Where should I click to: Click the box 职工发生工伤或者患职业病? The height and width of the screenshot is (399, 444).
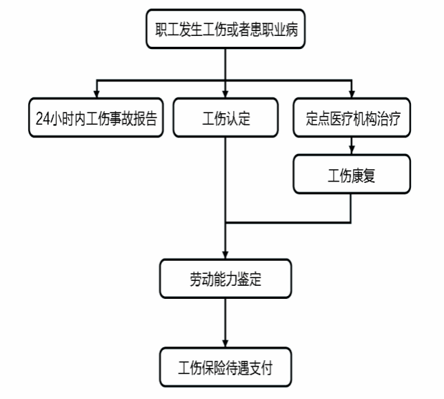point(225,29)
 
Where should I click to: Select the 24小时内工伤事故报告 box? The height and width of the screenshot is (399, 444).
point(96,117)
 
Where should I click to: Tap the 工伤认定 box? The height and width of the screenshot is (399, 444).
point(225,117)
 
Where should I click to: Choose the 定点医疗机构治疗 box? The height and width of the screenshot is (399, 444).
point(352,117)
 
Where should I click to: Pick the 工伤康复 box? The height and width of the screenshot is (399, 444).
point(352,174)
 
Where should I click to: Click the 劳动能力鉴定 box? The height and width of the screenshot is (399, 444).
point(225,279)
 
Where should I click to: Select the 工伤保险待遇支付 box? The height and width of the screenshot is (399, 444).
point(225,367)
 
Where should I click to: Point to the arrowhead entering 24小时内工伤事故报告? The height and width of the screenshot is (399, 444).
point(97,94)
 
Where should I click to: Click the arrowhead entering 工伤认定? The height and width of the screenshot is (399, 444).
point(225,94)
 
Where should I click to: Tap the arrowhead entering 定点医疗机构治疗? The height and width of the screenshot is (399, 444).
point(352,94)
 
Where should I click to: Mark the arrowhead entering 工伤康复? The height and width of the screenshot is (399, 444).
point(352,150)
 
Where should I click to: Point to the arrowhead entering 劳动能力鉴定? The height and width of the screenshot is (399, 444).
point(225,255)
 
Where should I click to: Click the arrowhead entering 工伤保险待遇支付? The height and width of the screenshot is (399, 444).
point(225,344)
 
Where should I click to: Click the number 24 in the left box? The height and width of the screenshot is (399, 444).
point(43,118)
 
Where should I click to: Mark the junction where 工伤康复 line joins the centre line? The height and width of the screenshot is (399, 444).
point(225,222)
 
